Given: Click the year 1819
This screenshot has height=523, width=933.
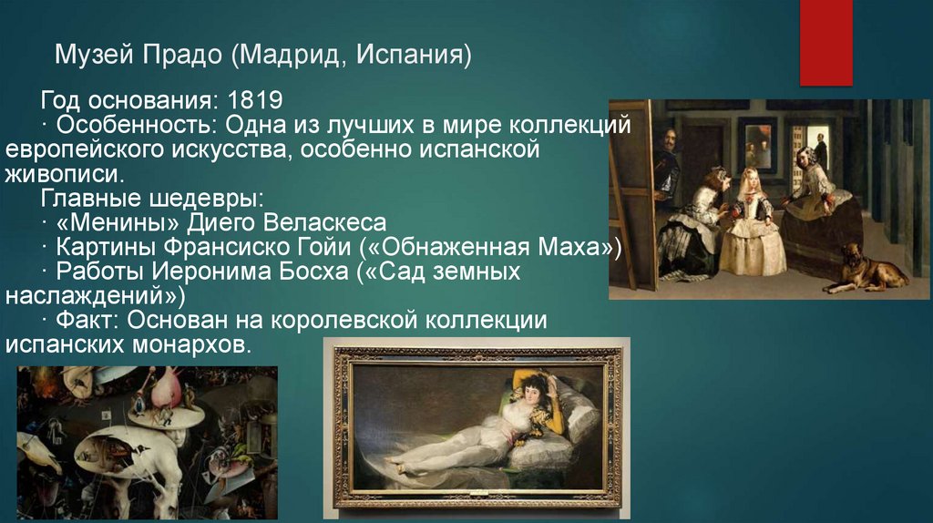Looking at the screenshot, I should coord(255,98).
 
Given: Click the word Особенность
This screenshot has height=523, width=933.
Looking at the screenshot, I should coord(118,123).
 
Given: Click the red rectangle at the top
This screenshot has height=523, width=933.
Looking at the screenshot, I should coord(825,42).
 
